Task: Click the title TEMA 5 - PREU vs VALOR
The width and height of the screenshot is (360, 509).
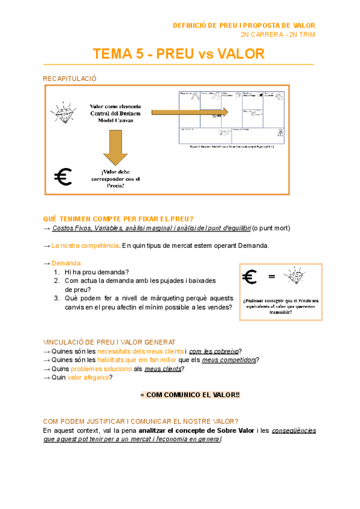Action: click(x=178, y=54)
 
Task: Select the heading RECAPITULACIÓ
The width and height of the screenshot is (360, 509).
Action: click(x=70, y=79)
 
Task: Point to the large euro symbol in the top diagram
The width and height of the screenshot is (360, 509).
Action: click(x=62, y=176)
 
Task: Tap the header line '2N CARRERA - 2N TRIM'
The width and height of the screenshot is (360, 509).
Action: click(x=277, y=34)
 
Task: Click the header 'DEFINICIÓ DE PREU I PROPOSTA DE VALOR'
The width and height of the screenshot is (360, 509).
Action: click(x=244, y=25)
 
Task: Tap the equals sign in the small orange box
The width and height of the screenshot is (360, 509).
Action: click(x=271, y=277)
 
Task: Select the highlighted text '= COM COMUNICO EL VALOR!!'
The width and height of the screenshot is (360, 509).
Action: click(x=190, y=396)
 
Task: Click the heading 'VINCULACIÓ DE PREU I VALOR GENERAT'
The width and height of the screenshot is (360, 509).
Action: click(x=109, y=342)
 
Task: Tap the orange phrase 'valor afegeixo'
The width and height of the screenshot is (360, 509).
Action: click(x=89, y=378)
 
